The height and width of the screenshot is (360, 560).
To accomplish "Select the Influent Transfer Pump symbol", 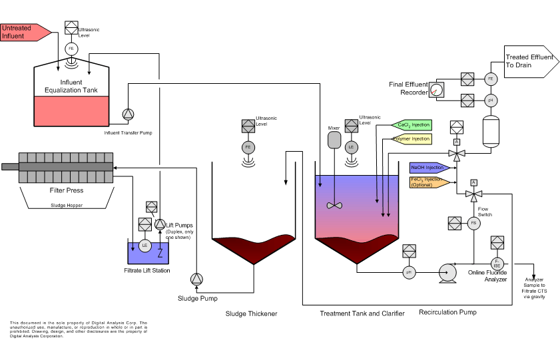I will click(x=128, y=114).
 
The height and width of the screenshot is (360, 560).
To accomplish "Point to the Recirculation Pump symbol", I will click(x=446, y=271).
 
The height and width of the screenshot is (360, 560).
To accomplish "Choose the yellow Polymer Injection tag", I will click(x=411, y=139).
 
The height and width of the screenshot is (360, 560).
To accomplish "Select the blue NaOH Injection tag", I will click(x=427, y=167).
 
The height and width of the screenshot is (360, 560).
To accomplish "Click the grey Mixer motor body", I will click(x=334, y=140).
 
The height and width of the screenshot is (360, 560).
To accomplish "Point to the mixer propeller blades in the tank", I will click(x=334, y=205).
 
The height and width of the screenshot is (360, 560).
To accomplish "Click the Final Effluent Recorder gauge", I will click(x=437, y=90).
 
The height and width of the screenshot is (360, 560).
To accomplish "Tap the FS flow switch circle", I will click(x=474, y=224).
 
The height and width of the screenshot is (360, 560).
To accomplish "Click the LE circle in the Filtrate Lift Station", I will click(x=144, y=245).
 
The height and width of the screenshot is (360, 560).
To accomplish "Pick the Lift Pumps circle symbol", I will click(x=160, y=224).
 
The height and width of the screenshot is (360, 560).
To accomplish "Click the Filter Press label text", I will click(x=67, y=190).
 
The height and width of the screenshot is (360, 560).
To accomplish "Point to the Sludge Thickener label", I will click(x=250, y=313).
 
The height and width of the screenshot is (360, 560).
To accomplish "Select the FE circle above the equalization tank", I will click(x=71, y=49).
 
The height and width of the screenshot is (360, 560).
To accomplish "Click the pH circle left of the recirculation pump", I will click(x=409, y=271).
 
